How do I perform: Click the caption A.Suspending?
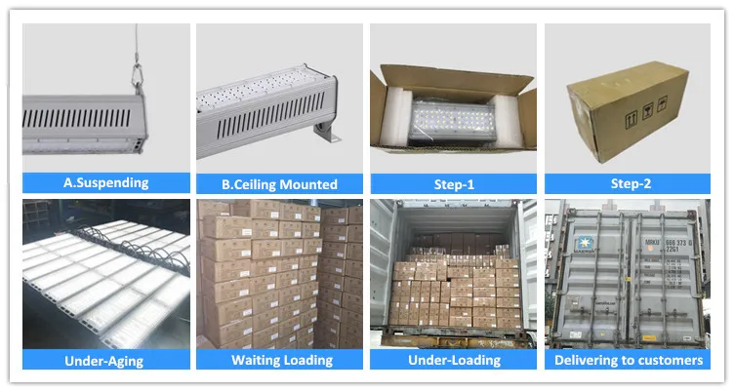(105, 182)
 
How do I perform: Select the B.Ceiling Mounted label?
(280, 183)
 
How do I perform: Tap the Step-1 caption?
(453, 182)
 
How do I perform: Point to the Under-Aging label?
(105, 361)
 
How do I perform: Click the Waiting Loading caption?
(280, 361)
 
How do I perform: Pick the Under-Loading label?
(453, 361)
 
